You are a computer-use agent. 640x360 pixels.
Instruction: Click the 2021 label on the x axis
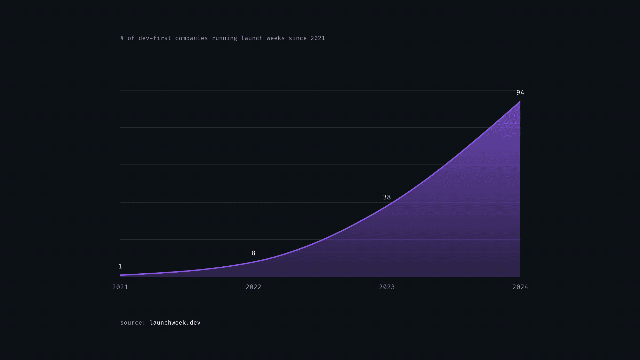120,287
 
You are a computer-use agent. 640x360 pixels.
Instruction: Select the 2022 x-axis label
253,287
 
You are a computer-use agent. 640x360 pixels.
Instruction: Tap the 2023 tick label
387,287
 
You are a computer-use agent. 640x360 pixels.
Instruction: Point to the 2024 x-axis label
520,287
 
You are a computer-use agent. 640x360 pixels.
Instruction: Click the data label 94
520,93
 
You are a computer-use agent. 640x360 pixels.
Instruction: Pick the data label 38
387,197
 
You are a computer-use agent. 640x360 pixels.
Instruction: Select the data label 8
253,253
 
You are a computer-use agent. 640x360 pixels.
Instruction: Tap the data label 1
120,266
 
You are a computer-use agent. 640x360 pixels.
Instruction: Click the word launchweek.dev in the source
175,322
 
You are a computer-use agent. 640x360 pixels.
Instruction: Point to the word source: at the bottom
133,322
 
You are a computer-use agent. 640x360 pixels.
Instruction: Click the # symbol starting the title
122,38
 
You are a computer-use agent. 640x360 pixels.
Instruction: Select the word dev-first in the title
155,38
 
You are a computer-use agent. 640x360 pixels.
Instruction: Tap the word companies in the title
191,38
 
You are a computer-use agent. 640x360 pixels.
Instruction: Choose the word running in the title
224,38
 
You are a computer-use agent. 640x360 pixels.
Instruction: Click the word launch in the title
252,38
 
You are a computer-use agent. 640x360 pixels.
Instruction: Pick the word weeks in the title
276,38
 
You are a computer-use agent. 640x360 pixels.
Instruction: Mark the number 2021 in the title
318,38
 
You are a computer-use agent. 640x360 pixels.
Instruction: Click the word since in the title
298,38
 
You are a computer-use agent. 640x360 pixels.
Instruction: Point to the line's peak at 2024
520,102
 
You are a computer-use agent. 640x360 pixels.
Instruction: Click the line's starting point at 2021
120,275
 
